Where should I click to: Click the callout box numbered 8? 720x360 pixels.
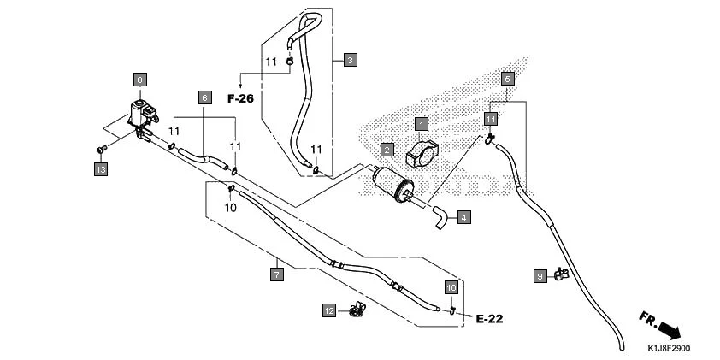(x=139, y=80)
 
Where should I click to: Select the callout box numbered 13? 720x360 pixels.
(x=101, y=170)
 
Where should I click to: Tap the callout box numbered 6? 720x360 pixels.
(x=204, y=97)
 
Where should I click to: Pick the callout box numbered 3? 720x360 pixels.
(x=351, y=60)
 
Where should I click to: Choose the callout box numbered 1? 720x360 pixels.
(x=421, y=126)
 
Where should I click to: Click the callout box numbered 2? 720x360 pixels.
(x=387, y=150)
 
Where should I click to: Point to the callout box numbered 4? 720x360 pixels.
(x=463, y=217)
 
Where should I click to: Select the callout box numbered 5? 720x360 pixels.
(x=507, y=79)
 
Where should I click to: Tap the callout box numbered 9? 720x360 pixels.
(x=540, y=276)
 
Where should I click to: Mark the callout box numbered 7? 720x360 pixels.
(x=276, y=274)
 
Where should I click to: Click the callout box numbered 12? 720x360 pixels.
(x=328, y=310)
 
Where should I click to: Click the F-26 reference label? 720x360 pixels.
(x=240, y=98)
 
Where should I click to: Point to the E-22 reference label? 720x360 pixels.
(x=489, y=319)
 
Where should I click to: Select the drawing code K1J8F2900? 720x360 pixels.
(x=668, y=348)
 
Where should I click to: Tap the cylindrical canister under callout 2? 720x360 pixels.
(x=392, y=183)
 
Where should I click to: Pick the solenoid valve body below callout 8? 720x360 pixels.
(x=139, y=115)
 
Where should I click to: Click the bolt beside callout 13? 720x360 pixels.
(x=101, y=151)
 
